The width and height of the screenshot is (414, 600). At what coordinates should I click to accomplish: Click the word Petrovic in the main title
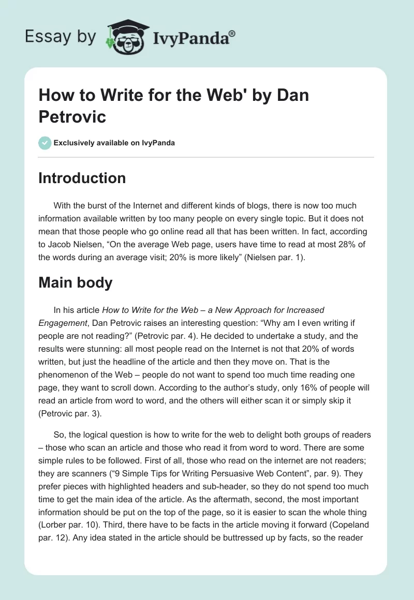tap(72, 117)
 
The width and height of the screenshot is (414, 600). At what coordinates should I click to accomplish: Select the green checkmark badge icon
tap(45, 143)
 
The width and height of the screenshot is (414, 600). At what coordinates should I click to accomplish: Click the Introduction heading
tap(82, 178)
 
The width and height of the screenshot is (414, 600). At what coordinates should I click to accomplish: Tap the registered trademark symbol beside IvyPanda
tap(232, 33)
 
